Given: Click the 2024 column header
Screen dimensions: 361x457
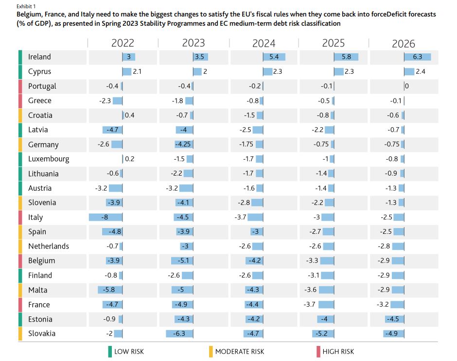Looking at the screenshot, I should (264, 44).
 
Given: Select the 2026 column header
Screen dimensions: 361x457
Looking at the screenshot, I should (404, 44).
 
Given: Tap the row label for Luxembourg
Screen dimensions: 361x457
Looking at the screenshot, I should (49, 159).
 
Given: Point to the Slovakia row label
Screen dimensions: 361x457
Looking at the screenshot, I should (42, 333).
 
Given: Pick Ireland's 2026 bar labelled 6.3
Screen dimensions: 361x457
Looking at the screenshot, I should (417, 57).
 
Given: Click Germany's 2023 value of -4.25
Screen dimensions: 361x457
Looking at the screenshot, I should (184, 145).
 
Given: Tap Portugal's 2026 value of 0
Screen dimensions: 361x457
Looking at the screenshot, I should (406, 86).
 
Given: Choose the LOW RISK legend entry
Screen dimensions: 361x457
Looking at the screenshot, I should (129, 351).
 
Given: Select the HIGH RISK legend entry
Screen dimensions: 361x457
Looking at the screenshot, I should (338, 351).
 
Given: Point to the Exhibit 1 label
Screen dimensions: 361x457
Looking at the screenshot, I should (26, 6).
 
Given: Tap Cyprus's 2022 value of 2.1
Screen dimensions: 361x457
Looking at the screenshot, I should (137, 72).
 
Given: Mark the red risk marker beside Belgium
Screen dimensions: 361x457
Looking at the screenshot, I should (20, 261).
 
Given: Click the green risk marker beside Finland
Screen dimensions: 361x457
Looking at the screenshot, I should (20, 275).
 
